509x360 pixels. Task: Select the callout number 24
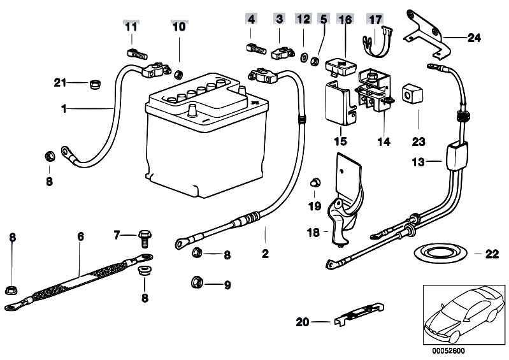pyautogui.click(x=473, y=38)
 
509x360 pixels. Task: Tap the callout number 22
pyautogui.click(x=491, y=254)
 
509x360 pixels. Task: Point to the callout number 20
pyautogui.click(x=302, y=322)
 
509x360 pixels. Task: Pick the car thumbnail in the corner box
pyautogui.click(x=461, y=315)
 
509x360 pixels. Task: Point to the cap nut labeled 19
pyautogui.click(x=313, y=183)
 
